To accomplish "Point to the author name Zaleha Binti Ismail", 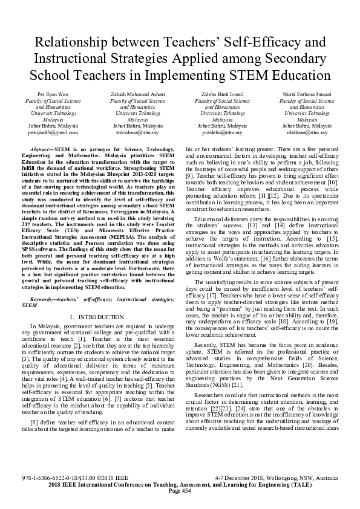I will click(x=223, y=96).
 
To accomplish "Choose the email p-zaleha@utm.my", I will click(x=222, y=132).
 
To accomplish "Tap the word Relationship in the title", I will click(x=71, y=43).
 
